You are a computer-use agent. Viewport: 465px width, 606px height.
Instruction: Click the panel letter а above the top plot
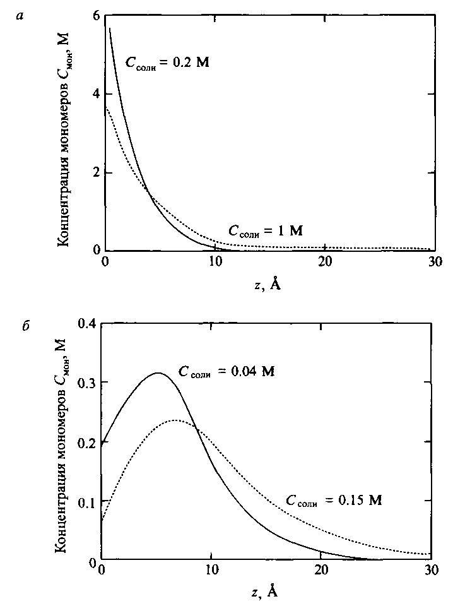tap(21, 17)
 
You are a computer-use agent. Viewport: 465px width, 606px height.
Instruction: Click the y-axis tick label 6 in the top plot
tap(97, 16)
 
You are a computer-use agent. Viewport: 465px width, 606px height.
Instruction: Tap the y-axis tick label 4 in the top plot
tap(97, 94)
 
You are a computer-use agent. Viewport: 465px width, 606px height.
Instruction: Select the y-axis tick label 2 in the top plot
tap(97, 172)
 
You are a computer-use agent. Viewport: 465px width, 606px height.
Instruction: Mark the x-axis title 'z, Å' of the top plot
tap(268, 283)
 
